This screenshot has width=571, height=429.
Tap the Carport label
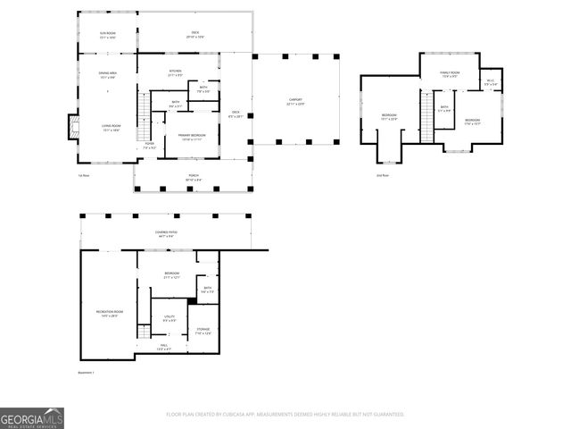[x=294, y=101]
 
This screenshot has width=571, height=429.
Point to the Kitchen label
[x=175, y=72]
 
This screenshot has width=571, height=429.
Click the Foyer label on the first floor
[x=150, y=145]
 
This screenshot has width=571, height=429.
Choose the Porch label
[x=193, y=178]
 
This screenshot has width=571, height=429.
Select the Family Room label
[x=449, y=74]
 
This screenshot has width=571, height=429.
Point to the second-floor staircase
[x=427, y=126]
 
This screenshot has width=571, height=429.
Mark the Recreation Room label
[x=109, y=313]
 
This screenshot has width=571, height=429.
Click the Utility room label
[x=169, y=317]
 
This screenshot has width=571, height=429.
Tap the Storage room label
[x=203, y=332]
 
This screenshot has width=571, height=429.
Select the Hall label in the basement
[x=164, y=347]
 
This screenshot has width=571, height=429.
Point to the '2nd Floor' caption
[x=381, y=175]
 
